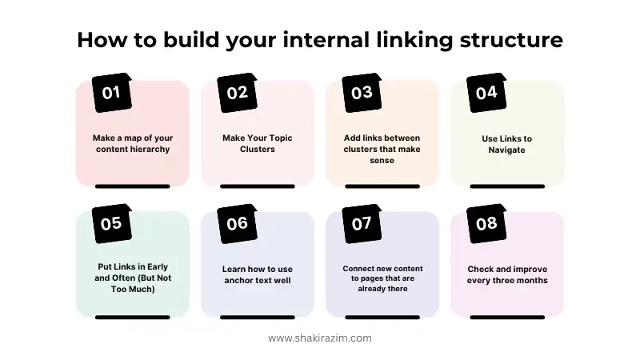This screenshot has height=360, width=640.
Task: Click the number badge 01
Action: [x=111, y=92]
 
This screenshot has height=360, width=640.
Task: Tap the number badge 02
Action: [x=237, y=92]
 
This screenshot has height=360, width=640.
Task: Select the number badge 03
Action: [x=362, y=92]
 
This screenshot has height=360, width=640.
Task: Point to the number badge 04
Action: [x=486, y=92]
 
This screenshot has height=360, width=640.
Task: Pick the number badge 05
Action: [x=111, y=223]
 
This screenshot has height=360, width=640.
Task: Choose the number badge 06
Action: [x=237, y=223]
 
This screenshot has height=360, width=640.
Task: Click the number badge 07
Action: [x=362, y=223]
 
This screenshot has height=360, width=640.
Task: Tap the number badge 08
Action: [x=486, y=223]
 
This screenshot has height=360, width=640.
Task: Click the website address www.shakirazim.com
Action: [x=320, y=338]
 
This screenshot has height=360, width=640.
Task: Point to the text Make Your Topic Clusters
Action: [x=258, y=143]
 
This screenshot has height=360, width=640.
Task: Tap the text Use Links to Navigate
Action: [x=506, y=144]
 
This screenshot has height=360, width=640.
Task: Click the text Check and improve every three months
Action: [x=507, y=274]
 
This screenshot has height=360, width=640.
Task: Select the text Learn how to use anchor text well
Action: [x=258, y=274]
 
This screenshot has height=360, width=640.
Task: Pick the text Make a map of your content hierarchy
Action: [x=132, y=143]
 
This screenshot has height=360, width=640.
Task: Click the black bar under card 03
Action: [x=382, y=186]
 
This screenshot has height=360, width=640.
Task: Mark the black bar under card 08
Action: [x=507, y=317]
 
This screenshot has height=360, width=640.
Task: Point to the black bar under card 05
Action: [x=132, y=317]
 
